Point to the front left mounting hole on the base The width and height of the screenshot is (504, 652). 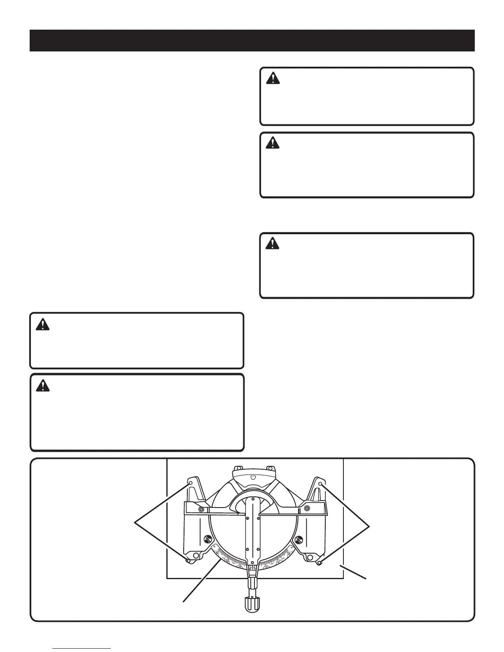[188, 561]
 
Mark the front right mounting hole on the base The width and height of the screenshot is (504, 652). [319, 563]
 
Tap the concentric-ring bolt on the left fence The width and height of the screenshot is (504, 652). [201, 509]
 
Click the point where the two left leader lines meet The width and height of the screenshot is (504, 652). [136, 523]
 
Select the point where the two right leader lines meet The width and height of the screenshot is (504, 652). [370, 525]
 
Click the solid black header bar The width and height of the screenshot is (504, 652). [252, 40]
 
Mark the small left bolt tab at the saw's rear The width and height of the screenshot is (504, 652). [238, 468]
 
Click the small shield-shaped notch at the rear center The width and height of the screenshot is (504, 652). [253, 478]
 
